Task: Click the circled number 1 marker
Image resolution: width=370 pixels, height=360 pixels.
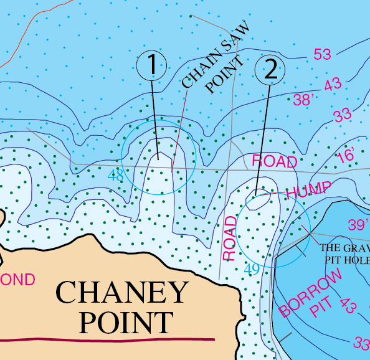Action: [152, 65]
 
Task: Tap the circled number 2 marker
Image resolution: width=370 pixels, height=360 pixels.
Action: [270, 69]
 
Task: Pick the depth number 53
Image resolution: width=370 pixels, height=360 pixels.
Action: [322, 55]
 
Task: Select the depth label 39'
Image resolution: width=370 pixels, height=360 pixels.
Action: [358, 224]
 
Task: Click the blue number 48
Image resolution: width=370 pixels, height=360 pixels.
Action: [116, 176]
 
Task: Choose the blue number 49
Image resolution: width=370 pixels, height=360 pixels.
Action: [252, 269]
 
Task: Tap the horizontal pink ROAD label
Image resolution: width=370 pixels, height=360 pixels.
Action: [274, 161]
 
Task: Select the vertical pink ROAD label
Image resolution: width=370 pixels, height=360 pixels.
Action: [230, 238]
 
